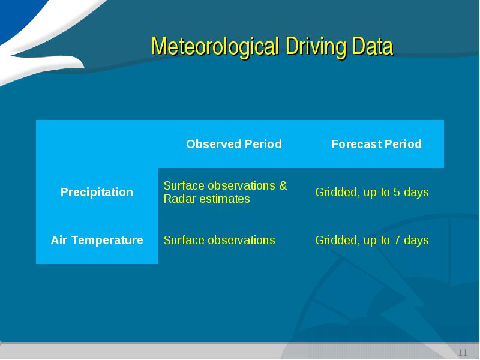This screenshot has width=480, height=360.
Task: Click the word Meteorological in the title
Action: coord(215,46)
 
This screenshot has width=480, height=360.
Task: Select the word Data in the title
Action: coord(373,46)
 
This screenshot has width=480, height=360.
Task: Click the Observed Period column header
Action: coord(234,144)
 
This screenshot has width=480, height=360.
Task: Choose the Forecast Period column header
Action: coord(376,144)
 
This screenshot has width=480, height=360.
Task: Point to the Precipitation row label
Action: coord(97,192)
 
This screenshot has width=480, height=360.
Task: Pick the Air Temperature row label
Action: coord(97,240)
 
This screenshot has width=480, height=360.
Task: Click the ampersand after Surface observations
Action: coord(283,185)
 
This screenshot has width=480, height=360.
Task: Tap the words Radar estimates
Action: coord(206,199)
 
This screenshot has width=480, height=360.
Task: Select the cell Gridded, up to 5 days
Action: coord(371,192)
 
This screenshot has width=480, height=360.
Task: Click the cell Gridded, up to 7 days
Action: coord(371,241)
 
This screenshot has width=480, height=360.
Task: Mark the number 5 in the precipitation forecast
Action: coord(397,192)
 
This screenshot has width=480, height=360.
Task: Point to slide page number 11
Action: coord(463,353)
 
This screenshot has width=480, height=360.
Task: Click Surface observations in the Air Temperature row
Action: coord(219,241)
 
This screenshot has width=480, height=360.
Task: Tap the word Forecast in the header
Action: coord(356,144)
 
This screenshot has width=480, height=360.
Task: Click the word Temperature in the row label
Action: coord(107,241)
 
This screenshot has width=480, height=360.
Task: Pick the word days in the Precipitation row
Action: coord(416,193)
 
